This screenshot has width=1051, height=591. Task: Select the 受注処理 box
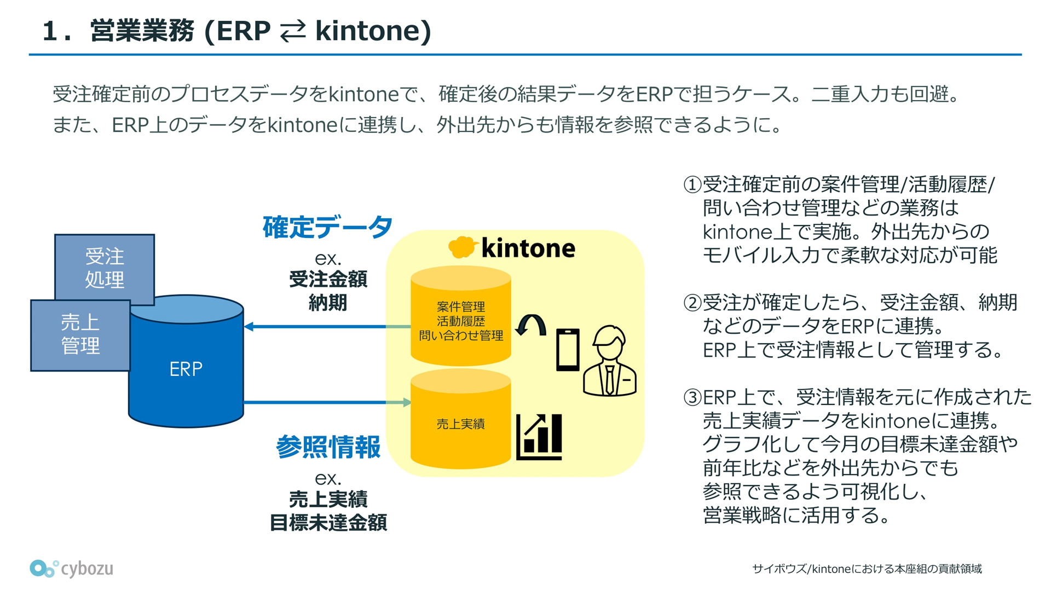coord(105,268)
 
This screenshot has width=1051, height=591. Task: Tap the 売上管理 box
coord(80,335)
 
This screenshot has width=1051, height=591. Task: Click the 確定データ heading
coord(327,227)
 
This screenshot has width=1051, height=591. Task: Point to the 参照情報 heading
coord(328,447)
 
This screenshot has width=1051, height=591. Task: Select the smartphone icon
coord(568,350)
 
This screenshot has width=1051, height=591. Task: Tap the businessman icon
coord(610,361)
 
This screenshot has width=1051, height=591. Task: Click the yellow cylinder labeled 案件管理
coord(461,316)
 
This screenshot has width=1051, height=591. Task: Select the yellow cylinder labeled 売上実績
coord(461,419)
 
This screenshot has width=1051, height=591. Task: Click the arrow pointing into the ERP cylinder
coord(327,327)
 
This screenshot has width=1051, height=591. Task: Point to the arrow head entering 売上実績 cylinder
coord(407,403)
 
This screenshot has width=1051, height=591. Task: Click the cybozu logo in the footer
coord(72,569)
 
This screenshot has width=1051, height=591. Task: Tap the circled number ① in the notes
coord(692,184)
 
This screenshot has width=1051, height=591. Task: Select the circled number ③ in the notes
coord(692,397)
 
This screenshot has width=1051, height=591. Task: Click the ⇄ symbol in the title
coord(293,31)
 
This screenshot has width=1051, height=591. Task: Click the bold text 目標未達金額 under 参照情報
coord(328,523)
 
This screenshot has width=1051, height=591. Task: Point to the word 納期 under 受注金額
coord(328,303)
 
